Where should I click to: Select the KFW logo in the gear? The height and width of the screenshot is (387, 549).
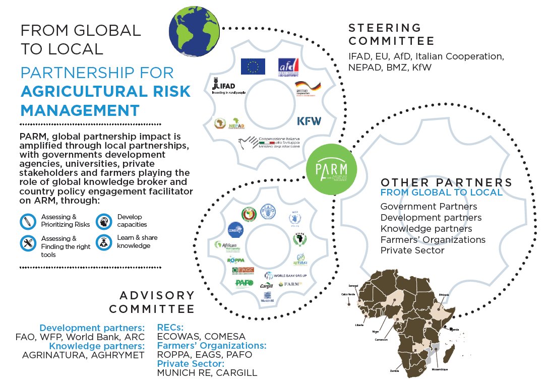[x=309, y=121]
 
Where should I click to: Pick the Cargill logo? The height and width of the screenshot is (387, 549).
[x=266, y=286]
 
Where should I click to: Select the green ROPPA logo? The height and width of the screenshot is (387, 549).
[x=236, y=261]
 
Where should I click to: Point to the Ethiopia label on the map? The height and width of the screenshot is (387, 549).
[x=444, y=294]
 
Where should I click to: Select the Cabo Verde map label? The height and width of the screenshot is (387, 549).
[x=348, y=294]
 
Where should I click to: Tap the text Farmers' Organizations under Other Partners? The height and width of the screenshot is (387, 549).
[x=433, y=239]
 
